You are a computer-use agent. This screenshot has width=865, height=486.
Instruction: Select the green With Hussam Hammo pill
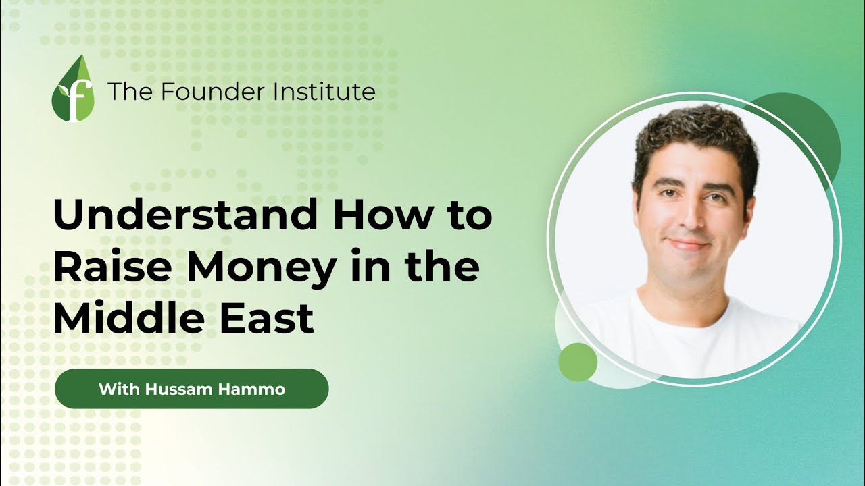191,389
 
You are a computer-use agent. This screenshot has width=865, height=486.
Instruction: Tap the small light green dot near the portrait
578,362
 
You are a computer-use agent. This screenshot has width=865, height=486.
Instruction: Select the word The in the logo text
123,90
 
